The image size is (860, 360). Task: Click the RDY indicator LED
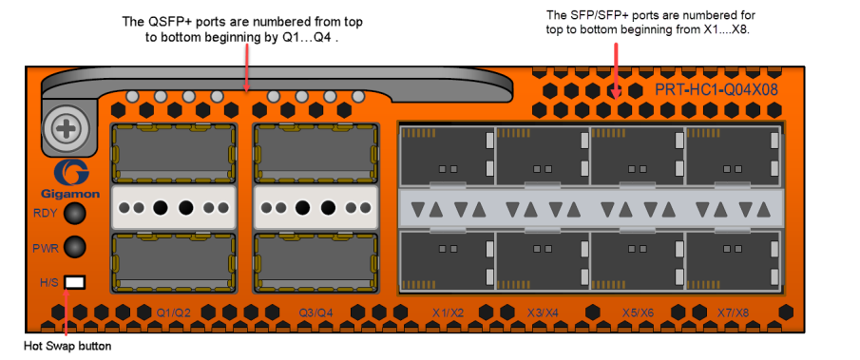[74, 214]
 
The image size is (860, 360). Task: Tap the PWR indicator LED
[74, 247]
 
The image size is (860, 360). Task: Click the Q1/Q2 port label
[173, 313]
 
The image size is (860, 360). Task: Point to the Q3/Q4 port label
[315, 313]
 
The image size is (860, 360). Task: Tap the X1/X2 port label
[449, 313]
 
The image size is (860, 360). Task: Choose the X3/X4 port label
[543, 313]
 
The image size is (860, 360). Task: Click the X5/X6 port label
[638, 313]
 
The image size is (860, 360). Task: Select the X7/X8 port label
[734, 313]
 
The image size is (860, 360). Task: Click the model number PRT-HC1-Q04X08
[717, 90]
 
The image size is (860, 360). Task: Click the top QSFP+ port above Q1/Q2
[174, 153]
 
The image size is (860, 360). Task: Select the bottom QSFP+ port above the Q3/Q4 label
[315, 262]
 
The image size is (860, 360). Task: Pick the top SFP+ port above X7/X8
[733, 156]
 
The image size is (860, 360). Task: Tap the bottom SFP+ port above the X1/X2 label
[448, 260]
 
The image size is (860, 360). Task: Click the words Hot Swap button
[68, 347]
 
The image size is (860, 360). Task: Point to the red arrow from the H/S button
[67, 312]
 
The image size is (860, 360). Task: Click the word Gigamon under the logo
[70, 194]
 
